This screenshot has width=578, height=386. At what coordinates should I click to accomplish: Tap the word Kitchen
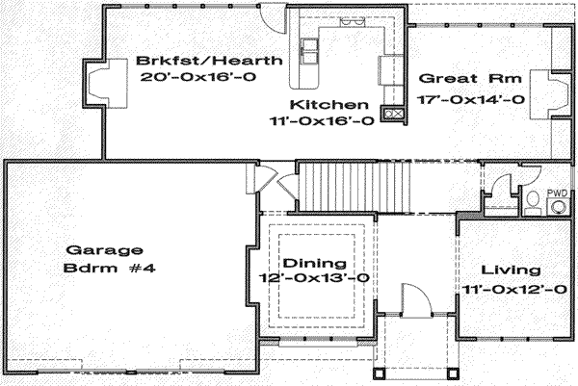tap(328, 104)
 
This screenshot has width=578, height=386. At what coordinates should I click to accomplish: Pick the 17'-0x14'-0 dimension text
tap(471, 99)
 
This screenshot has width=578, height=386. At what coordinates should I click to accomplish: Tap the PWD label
tap(557, 193)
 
